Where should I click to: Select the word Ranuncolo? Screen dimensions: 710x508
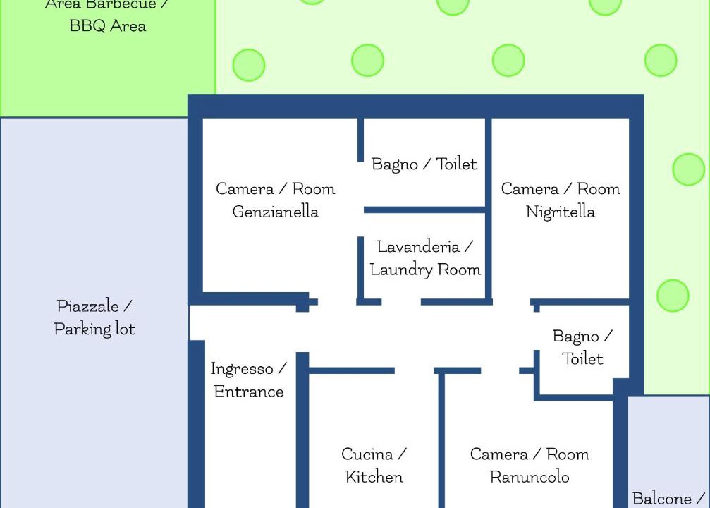530,477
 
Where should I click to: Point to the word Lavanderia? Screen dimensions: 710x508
418,246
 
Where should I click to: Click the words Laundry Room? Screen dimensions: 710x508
425,270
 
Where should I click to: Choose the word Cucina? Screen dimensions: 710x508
367,454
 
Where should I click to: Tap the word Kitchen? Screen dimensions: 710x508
374,477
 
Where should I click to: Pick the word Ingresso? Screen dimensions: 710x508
242,369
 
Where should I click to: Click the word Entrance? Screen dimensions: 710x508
249,392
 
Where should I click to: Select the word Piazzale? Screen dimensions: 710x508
88,306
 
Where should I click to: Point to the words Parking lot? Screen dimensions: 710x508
94,329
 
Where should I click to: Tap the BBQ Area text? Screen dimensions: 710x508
108,26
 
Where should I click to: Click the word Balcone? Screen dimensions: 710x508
662,499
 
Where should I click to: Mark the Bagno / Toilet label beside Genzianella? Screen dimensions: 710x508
424,164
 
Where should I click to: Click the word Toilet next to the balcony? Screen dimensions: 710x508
583,359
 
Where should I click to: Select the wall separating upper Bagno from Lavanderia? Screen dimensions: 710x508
424,210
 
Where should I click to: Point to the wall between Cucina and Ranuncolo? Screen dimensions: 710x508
441,440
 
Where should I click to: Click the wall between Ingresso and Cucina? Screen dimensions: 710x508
302,430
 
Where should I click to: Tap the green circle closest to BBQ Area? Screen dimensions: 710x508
249,65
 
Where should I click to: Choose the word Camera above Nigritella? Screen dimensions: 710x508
530,189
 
